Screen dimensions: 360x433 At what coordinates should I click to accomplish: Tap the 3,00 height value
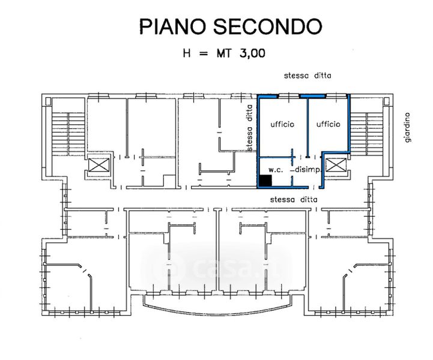(x=251, y=53)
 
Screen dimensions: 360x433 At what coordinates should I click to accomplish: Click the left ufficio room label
(x=282, y=124)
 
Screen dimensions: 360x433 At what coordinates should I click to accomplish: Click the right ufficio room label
(x=329, y=124)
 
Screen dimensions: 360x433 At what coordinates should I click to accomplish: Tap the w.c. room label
(x=276, y=169)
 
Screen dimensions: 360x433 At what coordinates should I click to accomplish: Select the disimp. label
(x=309, y=170)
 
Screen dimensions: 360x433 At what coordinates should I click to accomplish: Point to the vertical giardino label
(x=407, y=127)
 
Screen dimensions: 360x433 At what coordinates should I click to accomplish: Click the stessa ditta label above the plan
(x=307, y=76)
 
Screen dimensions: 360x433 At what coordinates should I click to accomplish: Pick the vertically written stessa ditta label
(x=249, y=127)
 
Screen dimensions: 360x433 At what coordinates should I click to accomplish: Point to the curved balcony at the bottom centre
(x=217, y=308)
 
